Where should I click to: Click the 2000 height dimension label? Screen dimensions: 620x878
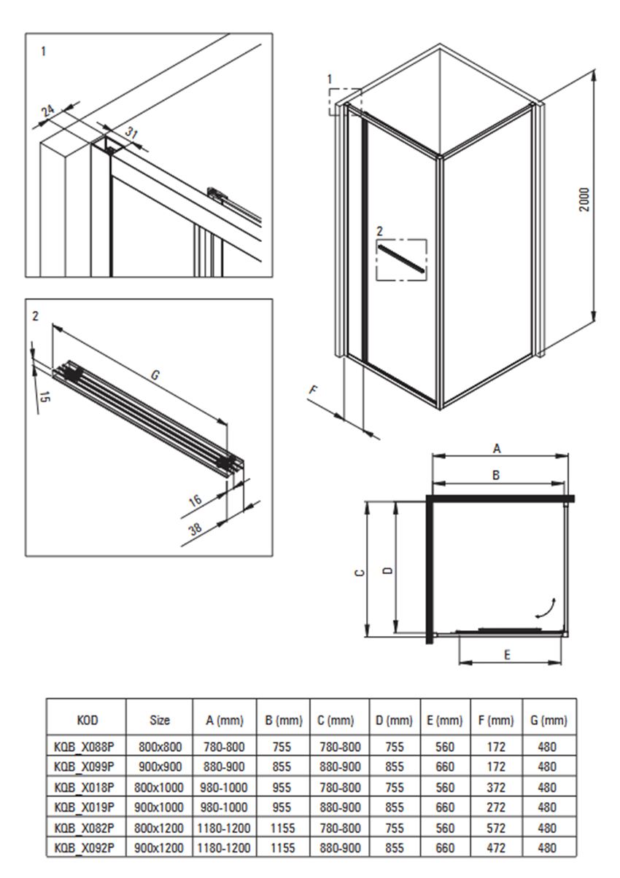click(584, 200)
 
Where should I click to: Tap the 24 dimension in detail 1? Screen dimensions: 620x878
click(48, 111)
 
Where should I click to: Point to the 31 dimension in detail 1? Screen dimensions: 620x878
click(131, 133)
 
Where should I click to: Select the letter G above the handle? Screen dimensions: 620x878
click(155, 375)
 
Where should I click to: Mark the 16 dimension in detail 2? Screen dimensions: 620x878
click(195, 500)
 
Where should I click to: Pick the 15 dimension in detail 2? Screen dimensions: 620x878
click(44, 397)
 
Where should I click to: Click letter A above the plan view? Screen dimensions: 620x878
click(497, 448)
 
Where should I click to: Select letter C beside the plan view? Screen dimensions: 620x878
click(360, 573)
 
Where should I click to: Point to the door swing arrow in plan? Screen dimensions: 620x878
click(546, 608)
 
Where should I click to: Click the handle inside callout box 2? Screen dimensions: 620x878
click(401, 258)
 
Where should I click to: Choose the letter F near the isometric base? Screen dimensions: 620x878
click(314, 390)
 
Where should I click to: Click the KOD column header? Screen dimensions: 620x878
click(87, 720)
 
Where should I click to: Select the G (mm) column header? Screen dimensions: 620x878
click(549, 720)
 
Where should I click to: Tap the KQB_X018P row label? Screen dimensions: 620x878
click(84, 787)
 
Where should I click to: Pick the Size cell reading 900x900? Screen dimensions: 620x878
click(160, 767)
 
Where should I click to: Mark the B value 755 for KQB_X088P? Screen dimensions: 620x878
click(282, 747)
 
